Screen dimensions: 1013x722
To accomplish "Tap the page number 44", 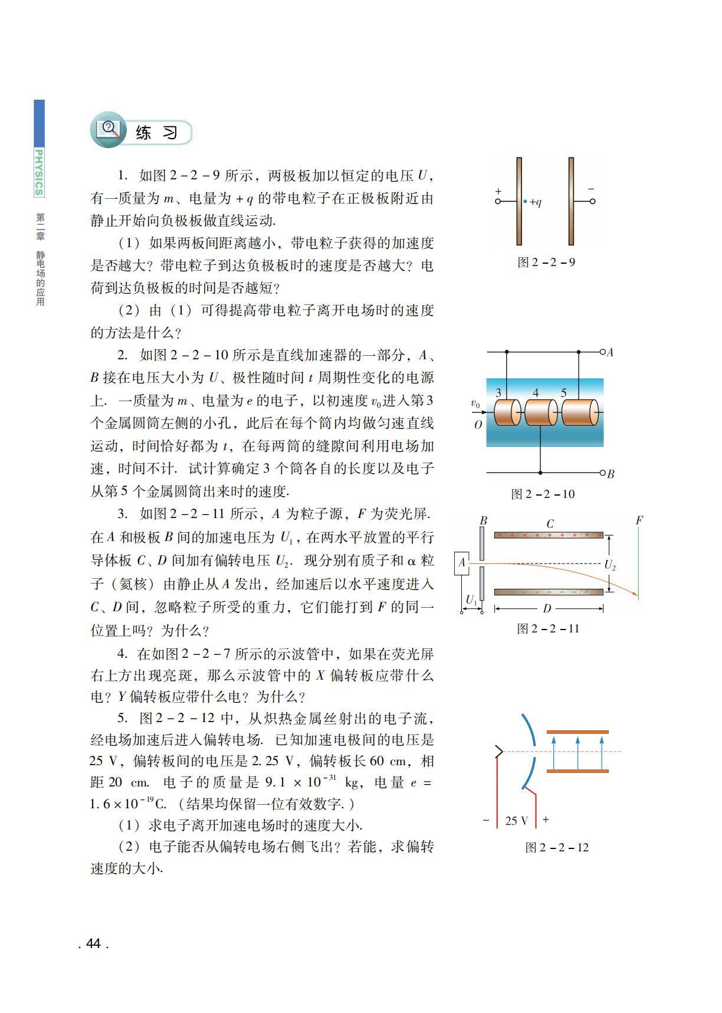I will tap(93, 943).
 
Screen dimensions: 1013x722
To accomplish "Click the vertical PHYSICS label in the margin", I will tap(39, 172).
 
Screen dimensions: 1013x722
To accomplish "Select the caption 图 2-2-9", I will tap(546, 263).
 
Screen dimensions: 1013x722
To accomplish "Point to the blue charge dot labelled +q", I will tap(525, 201).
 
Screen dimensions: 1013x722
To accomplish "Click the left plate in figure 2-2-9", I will tap(519, 201).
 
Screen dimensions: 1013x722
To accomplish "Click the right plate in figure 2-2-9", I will tap(571, 201).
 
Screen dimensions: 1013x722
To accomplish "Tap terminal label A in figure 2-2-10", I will tap(611, 352).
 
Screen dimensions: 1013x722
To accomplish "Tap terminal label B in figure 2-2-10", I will tap(611, 473).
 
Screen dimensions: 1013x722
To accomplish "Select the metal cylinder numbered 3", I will tap(507, 412).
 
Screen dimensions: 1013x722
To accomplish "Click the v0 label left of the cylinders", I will tap(475, 404).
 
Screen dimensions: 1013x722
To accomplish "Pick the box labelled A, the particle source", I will tap(462, 563).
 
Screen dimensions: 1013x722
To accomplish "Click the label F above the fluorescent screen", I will tap(639, 520).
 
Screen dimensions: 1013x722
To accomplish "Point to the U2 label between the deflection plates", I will tap(610, 565).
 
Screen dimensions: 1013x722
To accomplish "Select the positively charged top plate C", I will tap(549, 535).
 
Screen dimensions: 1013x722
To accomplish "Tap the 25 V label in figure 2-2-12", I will tap(516, 821).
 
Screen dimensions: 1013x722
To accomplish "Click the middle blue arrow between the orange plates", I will tap(577, 752).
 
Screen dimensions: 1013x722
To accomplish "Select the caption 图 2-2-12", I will tap(557, 848).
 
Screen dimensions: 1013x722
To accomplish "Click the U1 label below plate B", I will tap(471, 600).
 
